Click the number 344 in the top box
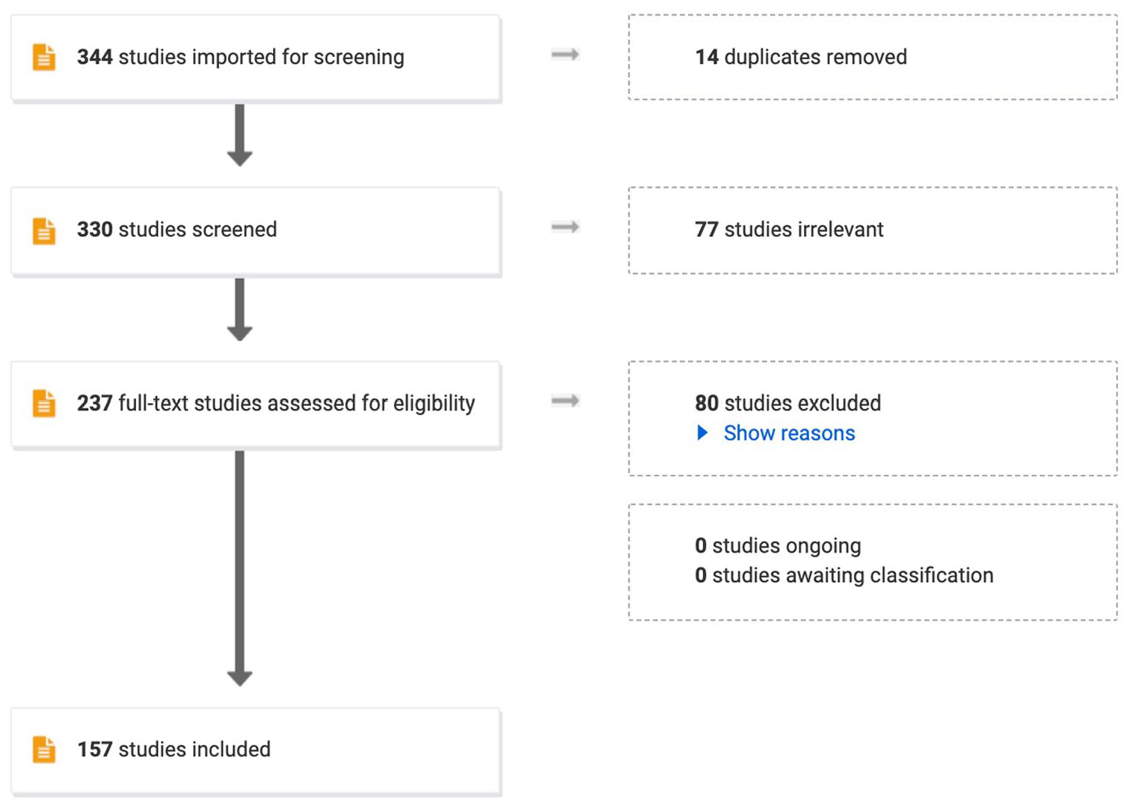pos(95,57)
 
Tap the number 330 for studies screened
pos(95,230)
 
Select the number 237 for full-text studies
pos(95,404)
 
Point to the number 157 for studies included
pos(95,749)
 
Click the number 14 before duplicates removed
pos(707,57)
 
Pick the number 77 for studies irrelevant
pos(706,230)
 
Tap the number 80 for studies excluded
pos(706,404)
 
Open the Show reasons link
pos(789,433)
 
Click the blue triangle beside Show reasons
pos(702,433)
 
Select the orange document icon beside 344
pos(44,57)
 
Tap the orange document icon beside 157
pos(44,749)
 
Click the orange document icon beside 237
pos(44,404)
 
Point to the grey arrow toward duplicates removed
pos(565,55)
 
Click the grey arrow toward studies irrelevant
pos(565,227)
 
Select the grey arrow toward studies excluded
pos(565,401)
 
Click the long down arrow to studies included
pos(239,568)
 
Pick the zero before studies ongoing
pos(701,546)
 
